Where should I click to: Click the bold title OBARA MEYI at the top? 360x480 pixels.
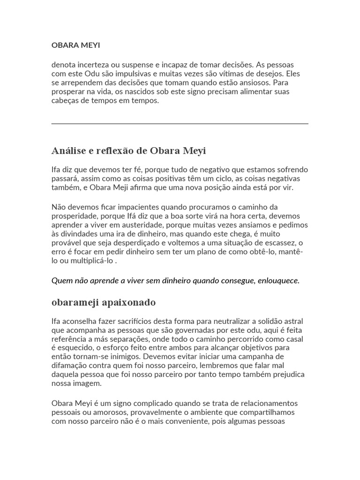[x=75, y=45]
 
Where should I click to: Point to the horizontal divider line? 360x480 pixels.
[x=180, y=124]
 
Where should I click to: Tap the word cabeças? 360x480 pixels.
[x=66, y=100]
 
